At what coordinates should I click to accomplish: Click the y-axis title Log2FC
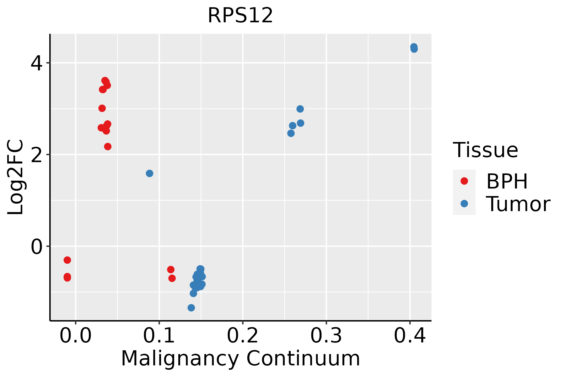pyautogui.click(x=16, y=177)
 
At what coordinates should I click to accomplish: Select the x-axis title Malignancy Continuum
pyautogui.click(x=240, y=358)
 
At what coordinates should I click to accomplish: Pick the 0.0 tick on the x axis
pyautogui.click(x=76, y=336)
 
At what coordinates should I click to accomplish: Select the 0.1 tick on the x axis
pyautogui.click(x=159, y=336)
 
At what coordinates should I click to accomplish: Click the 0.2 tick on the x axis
pyautogui.click(x=243, y=336)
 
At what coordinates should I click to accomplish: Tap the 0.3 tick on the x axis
pyautogui.click(x=326, y=336)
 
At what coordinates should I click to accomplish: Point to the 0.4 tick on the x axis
pyautogui.click(x=410, y=336)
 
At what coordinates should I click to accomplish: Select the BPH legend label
pyautogui.click(x=507, y=181)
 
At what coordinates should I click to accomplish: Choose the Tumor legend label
pyautogui.click(x=518, y=204)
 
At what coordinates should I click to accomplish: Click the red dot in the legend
pyautogui.click(x=464, y=181)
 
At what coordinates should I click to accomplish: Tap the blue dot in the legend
pyautogui.click(x=464, y=204)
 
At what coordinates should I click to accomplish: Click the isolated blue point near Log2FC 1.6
pyautogui.click(x=149, y=173)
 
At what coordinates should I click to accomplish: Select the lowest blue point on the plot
pyautogui.click(x=191, y=308)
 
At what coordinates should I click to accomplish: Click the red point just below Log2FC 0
pyautogui.click(x=67, y=260)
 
